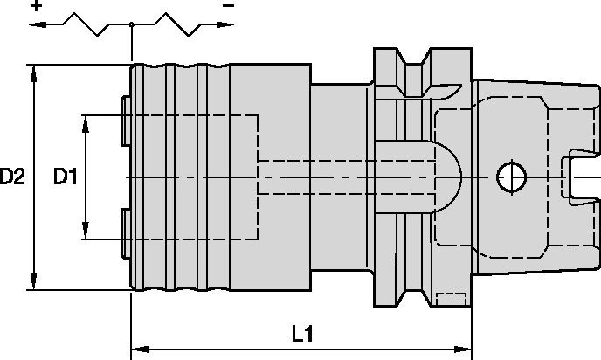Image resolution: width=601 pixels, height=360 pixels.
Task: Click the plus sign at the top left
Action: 37,6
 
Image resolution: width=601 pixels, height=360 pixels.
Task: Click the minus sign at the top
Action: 228,6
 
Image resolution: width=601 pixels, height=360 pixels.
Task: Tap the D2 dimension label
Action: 12,177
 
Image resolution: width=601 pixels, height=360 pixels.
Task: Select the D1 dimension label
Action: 66,177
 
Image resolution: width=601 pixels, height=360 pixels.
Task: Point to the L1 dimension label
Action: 303,334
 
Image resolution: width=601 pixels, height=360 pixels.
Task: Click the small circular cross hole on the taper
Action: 508,177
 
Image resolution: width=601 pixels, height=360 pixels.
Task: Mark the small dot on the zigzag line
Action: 131,25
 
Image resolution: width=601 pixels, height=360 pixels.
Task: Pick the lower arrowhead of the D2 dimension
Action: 34,283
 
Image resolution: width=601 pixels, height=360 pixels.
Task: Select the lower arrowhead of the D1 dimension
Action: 86,233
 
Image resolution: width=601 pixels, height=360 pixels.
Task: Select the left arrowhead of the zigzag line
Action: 36,25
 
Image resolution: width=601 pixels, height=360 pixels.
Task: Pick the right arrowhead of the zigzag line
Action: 230,25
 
